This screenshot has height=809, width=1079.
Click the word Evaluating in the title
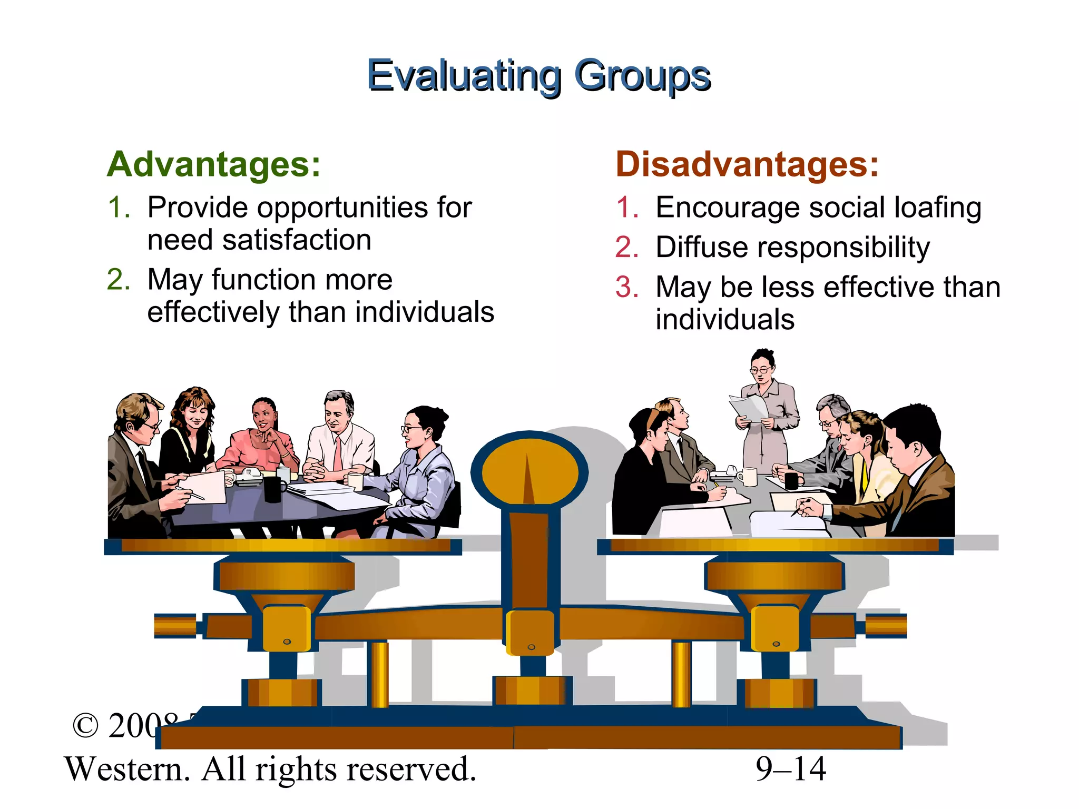point(464,76)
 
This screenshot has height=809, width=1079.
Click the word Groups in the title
point(642,76)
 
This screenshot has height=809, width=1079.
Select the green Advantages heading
point(213,164)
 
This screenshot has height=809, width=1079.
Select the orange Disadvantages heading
point(747,164)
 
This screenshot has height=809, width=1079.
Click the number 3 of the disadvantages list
point(627,288)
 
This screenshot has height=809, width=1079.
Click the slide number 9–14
point(790,769)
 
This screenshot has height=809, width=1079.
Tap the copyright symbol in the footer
point(85,726)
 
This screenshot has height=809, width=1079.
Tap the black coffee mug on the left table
point(273,489)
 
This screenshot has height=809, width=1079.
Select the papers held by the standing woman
point(748,408)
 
